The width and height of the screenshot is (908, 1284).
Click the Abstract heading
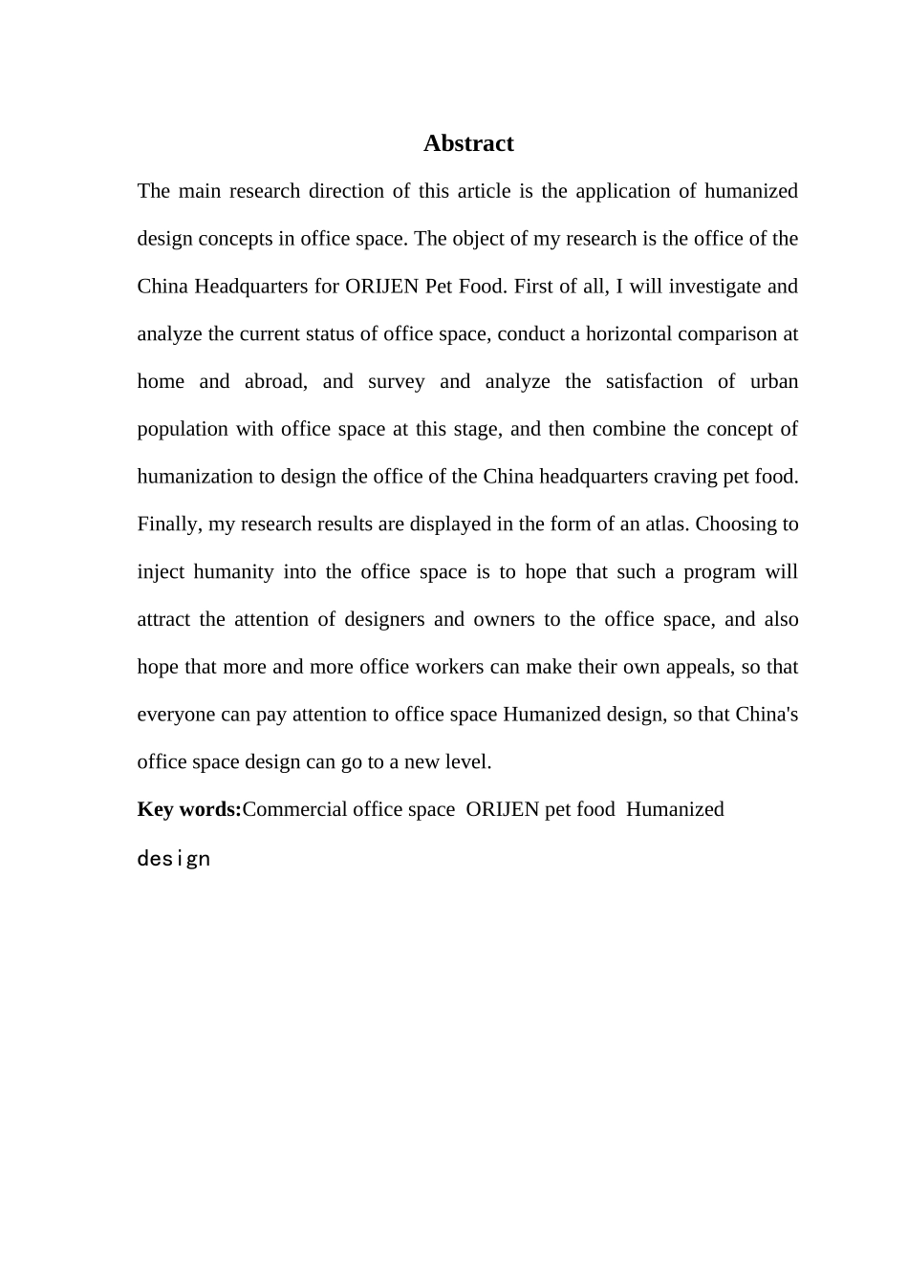pyautogui.click(x=468, y=143)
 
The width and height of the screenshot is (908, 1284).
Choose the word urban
pyautogui.click(x=774, y=381)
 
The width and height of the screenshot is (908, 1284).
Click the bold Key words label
pyautogui.click(x=189, y=809)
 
